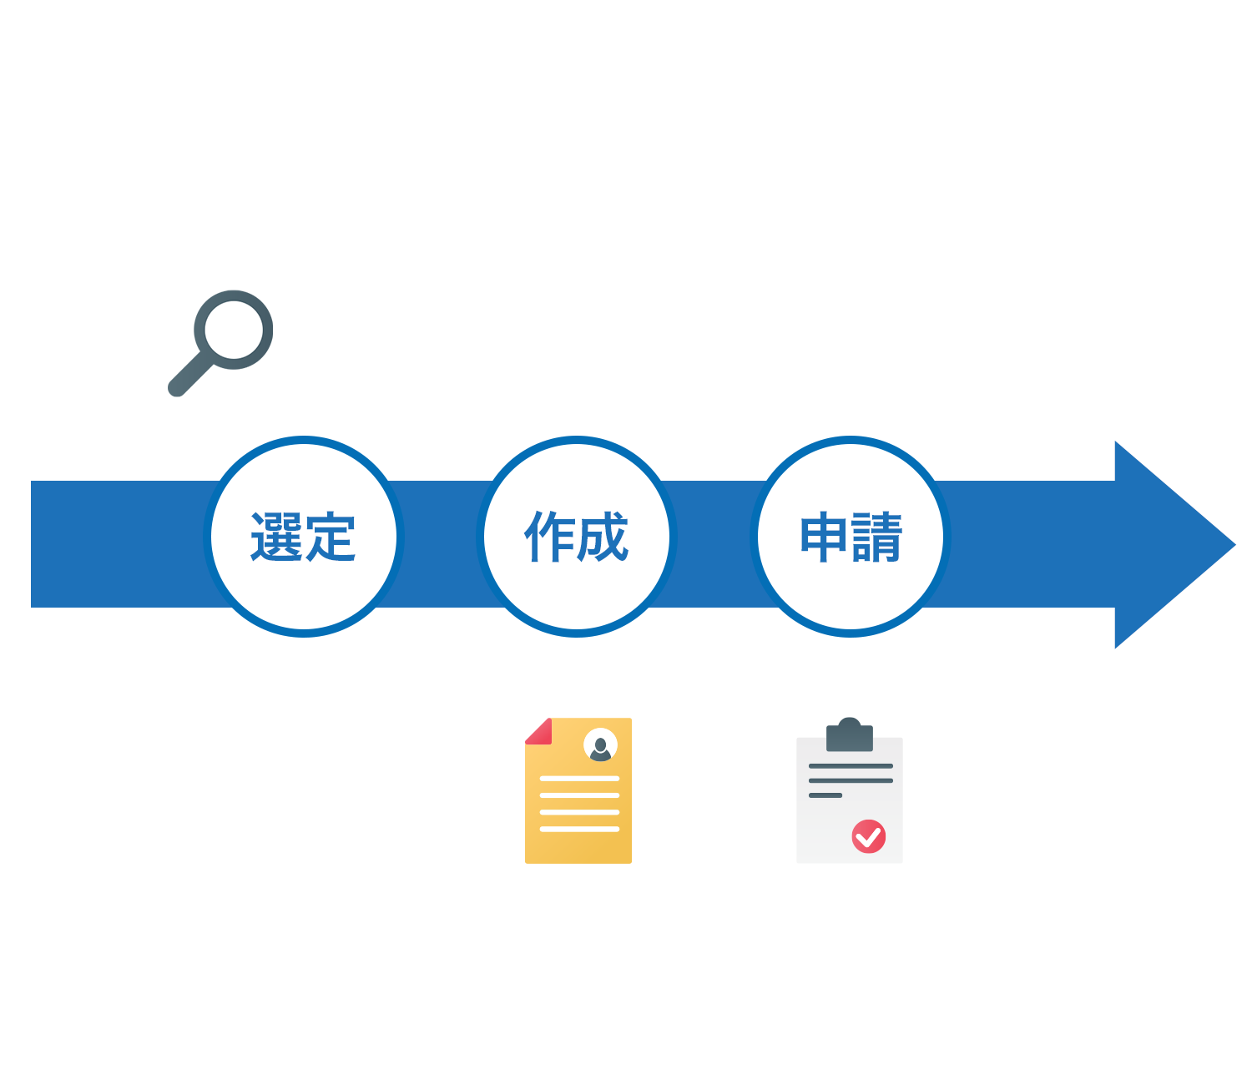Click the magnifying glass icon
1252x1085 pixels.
coord(221,342)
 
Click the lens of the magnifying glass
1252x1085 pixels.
coord(234,330)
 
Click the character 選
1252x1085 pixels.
coord(276,537)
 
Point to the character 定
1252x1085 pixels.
coord(331,537)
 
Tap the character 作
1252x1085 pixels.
coord(549,537)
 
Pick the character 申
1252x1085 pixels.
coord(824,537)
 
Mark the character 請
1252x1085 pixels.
coord(877,537)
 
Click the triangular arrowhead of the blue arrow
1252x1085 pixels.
coord(1169,544)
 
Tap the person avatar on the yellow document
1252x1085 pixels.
coord(600,744)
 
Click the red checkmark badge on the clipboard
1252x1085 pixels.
coord(868,836)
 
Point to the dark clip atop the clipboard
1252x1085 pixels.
coord(850,735)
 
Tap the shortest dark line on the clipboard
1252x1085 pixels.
coord(825,795)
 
